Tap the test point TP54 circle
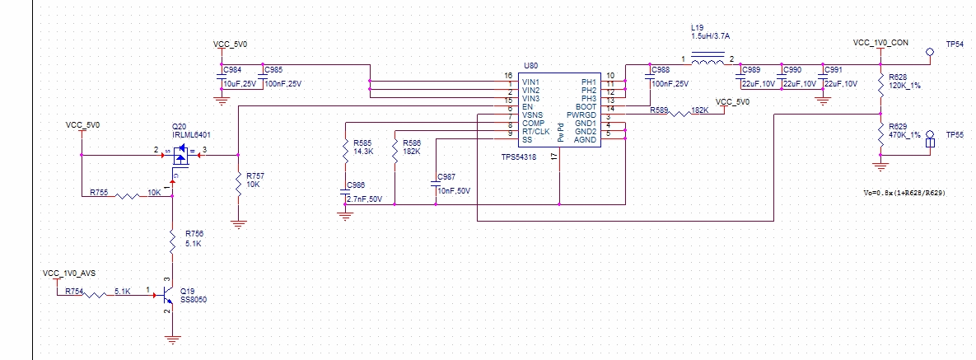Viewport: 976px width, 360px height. pos(931,52)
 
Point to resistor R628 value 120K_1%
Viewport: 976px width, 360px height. pos(904,86)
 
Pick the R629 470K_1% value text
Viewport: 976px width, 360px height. pos(904,135)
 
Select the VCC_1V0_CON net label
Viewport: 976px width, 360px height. pos(880,42)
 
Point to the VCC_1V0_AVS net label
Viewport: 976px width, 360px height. pos(74,272)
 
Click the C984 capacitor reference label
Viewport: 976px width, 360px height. pos(232,70)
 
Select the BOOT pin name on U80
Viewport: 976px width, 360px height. pos(585,107)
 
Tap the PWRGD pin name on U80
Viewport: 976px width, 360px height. pos(580,115)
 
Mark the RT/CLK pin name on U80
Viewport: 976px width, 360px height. pos(536,132)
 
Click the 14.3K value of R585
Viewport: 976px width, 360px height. pos(364,152)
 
